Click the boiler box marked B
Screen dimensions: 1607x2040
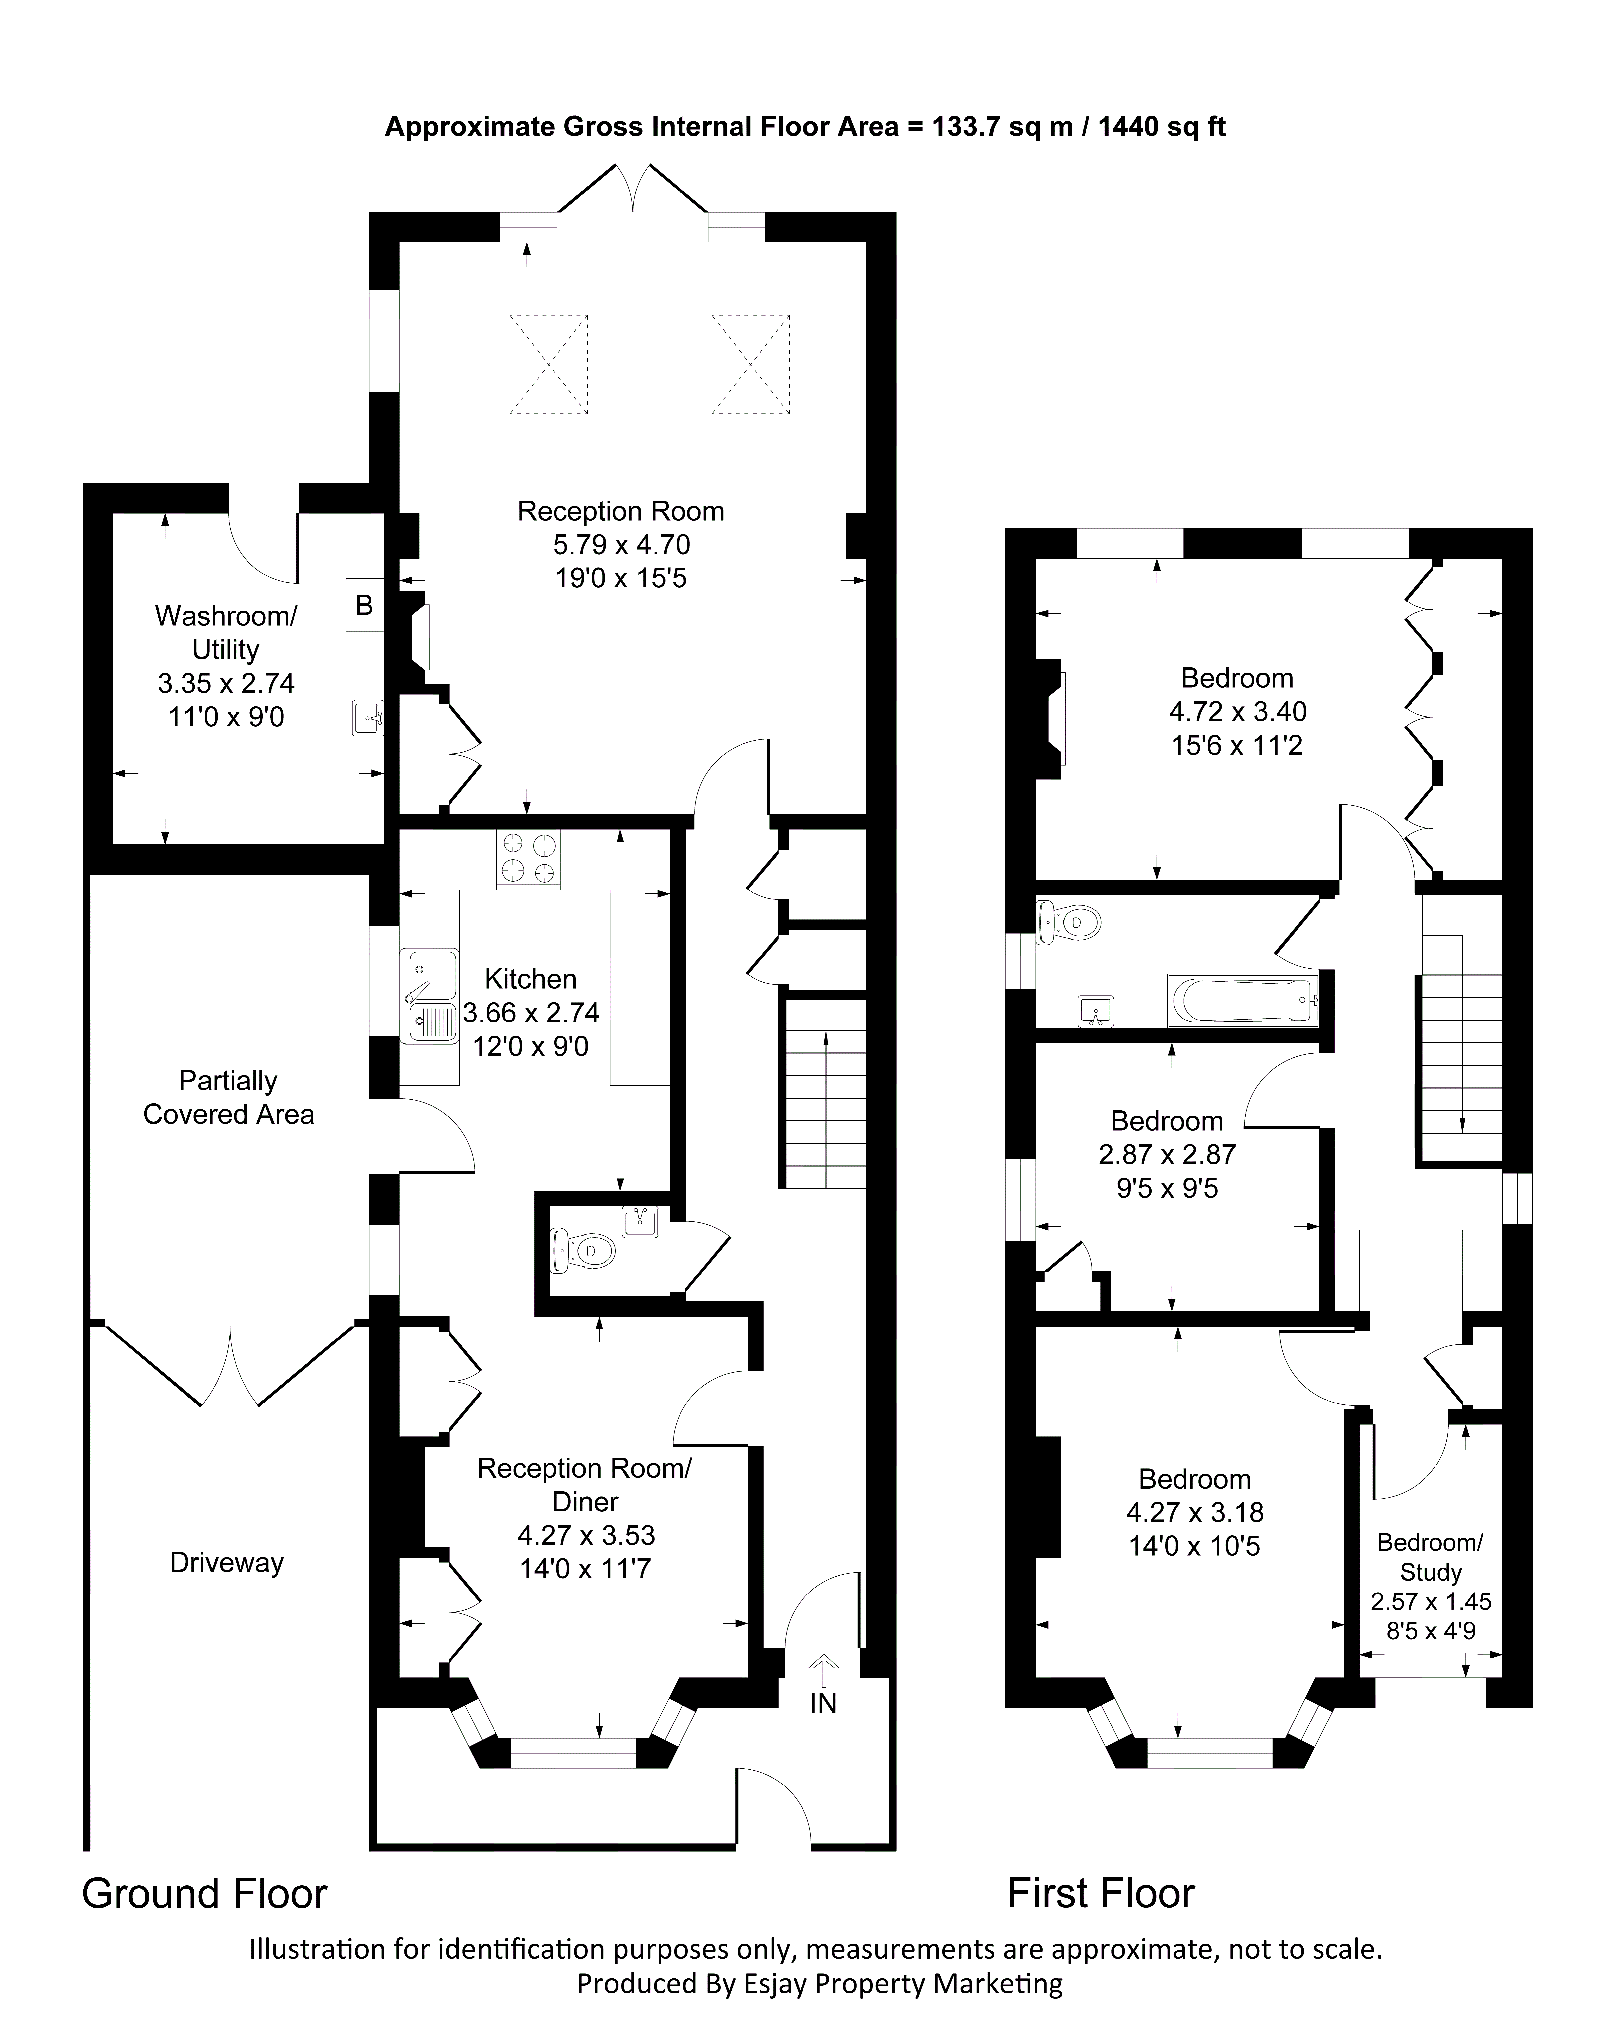click(364, 604)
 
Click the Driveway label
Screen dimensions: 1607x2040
click(227, 1563)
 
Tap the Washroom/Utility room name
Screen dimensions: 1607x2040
click(226, 632)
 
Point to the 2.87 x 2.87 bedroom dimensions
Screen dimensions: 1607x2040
click(1167, 1154)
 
